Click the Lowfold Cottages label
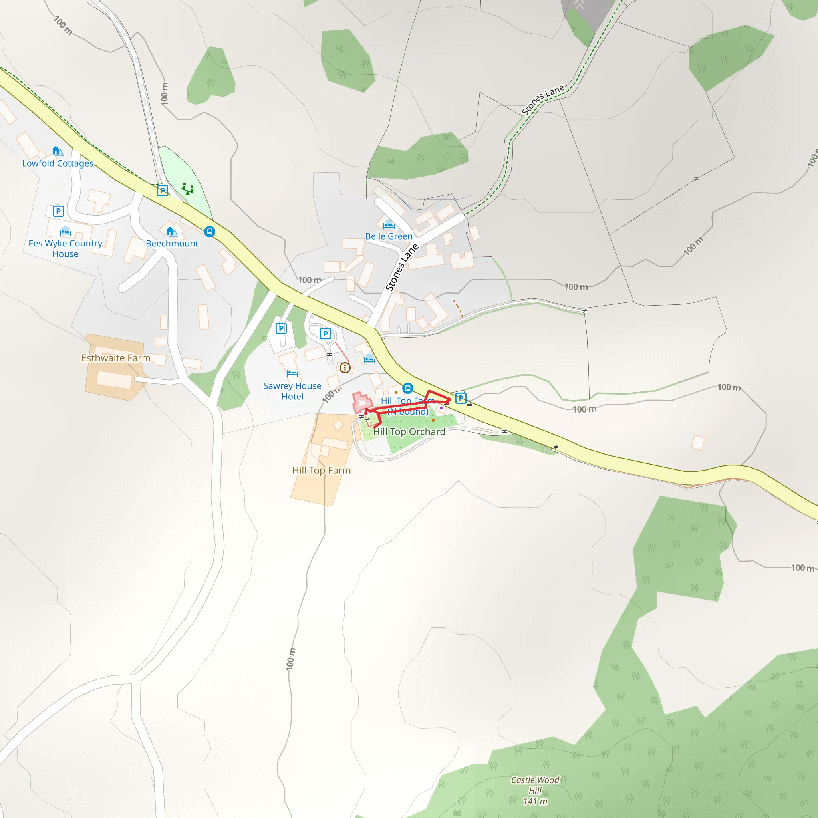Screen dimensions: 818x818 (x=58, y=163)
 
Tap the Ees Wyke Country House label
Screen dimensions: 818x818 (x=65, y=248)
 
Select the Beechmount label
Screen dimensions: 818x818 (x=172, y=244)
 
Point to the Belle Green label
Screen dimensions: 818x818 (x=389, y=236)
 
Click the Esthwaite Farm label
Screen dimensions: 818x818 (x=115, y=358)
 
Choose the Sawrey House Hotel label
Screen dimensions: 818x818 (x=292, y=391)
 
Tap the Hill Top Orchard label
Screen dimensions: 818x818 (x=409, y=431)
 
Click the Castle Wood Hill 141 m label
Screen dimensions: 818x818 (x=535, y=790)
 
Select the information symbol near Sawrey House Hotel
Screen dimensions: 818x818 (x=345, y=368)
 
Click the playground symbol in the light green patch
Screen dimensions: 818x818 (x=188, y=189)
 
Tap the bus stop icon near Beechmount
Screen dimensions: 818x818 (x=210, y=232)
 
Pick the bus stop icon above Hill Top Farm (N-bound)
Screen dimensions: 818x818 (x=407, y=388)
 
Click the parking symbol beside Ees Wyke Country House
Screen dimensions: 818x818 (x=58, y=211)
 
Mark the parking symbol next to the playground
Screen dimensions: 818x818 (x=162, y=190)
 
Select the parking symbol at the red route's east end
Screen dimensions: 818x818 (x=461, y=398)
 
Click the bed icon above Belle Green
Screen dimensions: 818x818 (x=389, y=225)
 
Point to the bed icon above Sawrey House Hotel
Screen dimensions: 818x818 (x=292, y=373)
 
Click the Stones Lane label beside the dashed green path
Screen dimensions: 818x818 (x=543, y=99)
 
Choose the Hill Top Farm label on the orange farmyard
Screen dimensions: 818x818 (x=322, y=471)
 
